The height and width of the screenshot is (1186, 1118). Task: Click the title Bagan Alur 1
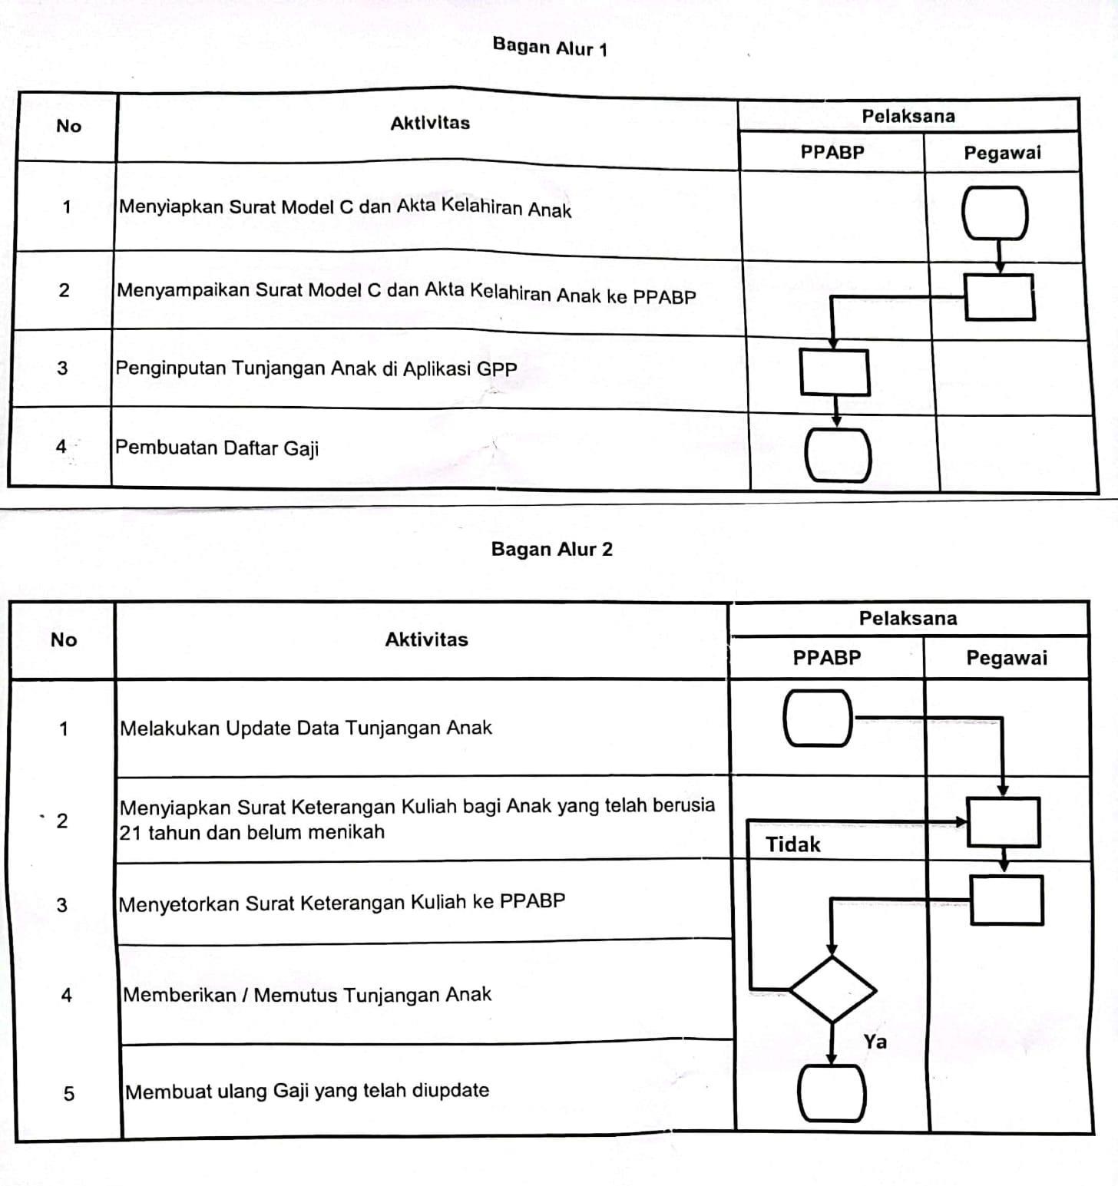pyautogui.click(x=550, y=48)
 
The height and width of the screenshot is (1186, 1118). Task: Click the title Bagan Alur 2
pyautogui.click(x=551, y=550)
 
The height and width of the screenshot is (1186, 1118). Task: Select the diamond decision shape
pyautogui.click(x=832, y=989)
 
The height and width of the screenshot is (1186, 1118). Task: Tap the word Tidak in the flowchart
pyautogui.click(x=792, y=845)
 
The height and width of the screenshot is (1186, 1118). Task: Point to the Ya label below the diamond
pyautogui.click(x=875, y=1042)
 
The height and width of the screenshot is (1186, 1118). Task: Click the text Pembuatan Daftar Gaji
pyautogui.click(x=217, y=448)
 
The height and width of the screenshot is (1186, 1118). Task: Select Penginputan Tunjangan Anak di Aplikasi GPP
pyautogui.click(x=316, y=368)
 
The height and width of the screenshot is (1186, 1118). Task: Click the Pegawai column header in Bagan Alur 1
pyautogui.click(x=1002, y=153)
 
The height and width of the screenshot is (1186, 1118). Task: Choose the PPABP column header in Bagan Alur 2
pyautogui.click(x=826, y=658)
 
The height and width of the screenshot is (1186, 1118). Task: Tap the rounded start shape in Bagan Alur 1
pyautogui.click(x=997, y=213)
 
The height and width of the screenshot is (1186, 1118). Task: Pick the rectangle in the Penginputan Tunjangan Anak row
pyautogui.click(x=835, y=372)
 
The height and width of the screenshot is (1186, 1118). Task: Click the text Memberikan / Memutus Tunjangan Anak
pyautogui.click(x=306, y=995)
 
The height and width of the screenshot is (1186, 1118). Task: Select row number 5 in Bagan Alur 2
pyautogui.click(x=68, y=1093)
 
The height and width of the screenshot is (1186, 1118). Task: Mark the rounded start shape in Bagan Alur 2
pyautogui.click(x=818, y=718)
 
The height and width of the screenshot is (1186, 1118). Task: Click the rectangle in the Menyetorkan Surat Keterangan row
pyautogui.click(x=1007, y=900)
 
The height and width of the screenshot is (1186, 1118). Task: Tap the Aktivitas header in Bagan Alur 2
pyautogui.click(x=426, y=639)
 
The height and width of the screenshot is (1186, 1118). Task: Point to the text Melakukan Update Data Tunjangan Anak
pyautogui.click(x=306, y=728)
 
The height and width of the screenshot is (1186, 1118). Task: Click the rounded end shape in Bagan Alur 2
pyautogui.click(x=832, y=1093)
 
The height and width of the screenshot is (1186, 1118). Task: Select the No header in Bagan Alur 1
pyautogui.click(x=68, y=126)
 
